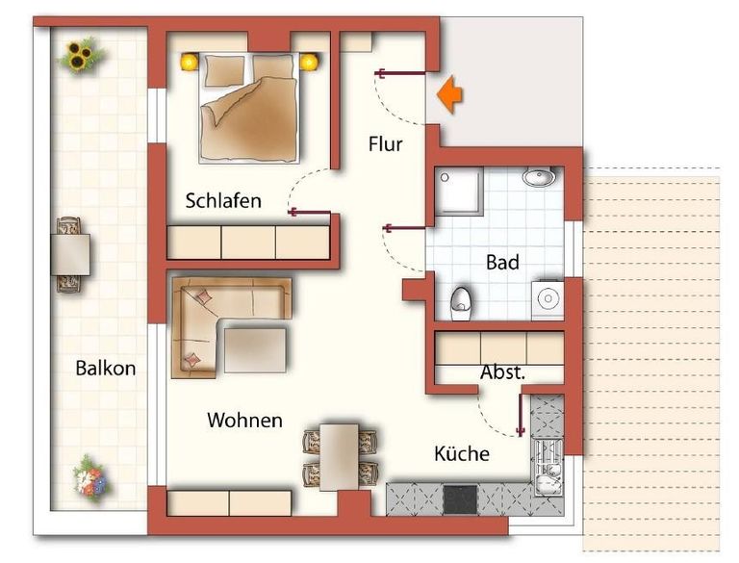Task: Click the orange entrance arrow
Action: tap(449, 94)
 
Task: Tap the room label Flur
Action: tap(386, 144)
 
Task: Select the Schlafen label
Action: tap(223, 201)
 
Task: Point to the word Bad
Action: tap(502, 262)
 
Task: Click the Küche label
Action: tap(462, 453)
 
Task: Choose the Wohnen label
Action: tap(244, 421)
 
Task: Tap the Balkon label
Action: tap(106, 369)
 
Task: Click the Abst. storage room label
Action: tap(502, 372)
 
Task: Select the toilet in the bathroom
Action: tap(462, 304)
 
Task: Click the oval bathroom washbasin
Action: tap(539, 176)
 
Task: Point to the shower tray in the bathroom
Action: tap(459, 190)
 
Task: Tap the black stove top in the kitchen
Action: tap(460, 499)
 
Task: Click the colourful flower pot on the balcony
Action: tap(91, 479)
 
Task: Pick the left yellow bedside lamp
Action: tap(190, 63)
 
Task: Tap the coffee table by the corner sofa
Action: tap(255, 350)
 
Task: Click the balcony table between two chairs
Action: tap(70, 255)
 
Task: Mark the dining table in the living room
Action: tap(339, 457)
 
